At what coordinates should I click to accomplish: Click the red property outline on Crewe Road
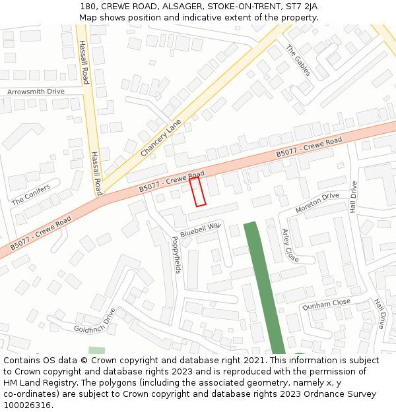(197, 192)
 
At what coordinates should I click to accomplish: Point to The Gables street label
(298, 60)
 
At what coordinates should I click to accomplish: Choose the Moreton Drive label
(317, 202)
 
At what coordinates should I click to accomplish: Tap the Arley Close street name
(290, 245)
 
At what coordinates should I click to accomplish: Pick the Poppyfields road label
(176, 255)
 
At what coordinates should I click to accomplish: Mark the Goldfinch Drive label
(94, 320)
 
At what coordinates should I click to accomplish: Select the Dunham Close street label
(326, 304)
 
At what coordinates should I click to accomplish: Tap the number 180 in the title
(88, 6)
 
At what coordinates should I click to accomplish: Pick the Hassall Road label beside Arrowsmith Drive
(83, 63)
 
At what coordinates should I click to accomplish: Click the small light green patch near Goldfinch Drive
(96, 350)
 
